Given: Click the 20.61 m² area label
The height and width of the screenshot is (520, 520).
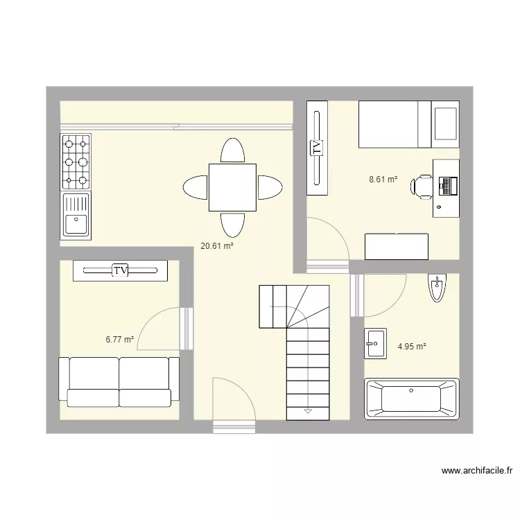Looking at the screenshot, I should pyautogui.click(x=216, y=245).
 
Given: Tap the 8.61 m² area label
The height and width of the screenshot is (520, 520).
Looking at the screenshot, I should pyautogui.click(x=383, y=179).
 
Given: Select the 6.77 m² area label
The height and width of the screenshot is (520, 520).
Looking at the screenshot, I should pyautogui.click(x=119, y=339).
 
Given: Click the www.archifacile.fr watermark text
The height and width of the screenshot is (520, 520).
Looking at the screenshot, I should pyautogui.click(x=477, y=471).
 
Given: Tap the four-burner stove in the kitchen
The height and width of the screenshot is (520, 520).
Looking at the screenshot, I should pyautogui.click(x=76, y=162).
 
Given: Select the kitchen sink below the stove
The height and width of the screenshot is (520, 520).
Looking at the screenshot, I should pyautogui.click(x=76, y=215).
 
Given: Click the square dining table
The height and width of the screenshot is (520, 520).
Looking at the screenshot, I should pyautogui.click(x=232, y=187).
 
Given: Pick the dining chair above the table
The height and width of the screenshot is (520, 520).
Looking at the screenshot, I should pyautogui.click(x=232, y=151).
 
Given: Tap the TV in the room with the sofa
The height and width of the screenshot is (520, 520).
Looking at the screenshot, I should pyautogui.click(x=121, y=270).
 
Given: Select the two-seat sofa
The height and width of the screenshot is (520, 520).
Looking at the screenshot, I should pyautogui.click(x=119, y=381).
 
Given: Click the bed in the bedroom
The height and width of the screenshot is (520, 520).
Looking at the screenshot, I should pyautogui.click(x=408, y=124).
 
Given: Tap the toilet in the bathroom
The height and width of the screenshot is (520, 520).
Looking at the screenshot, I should pyautogui.click(x=436, y=288).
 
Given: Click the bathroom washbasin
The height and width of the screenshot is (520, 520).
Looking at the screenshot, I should pyautogui.click(x=376, y=343).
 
